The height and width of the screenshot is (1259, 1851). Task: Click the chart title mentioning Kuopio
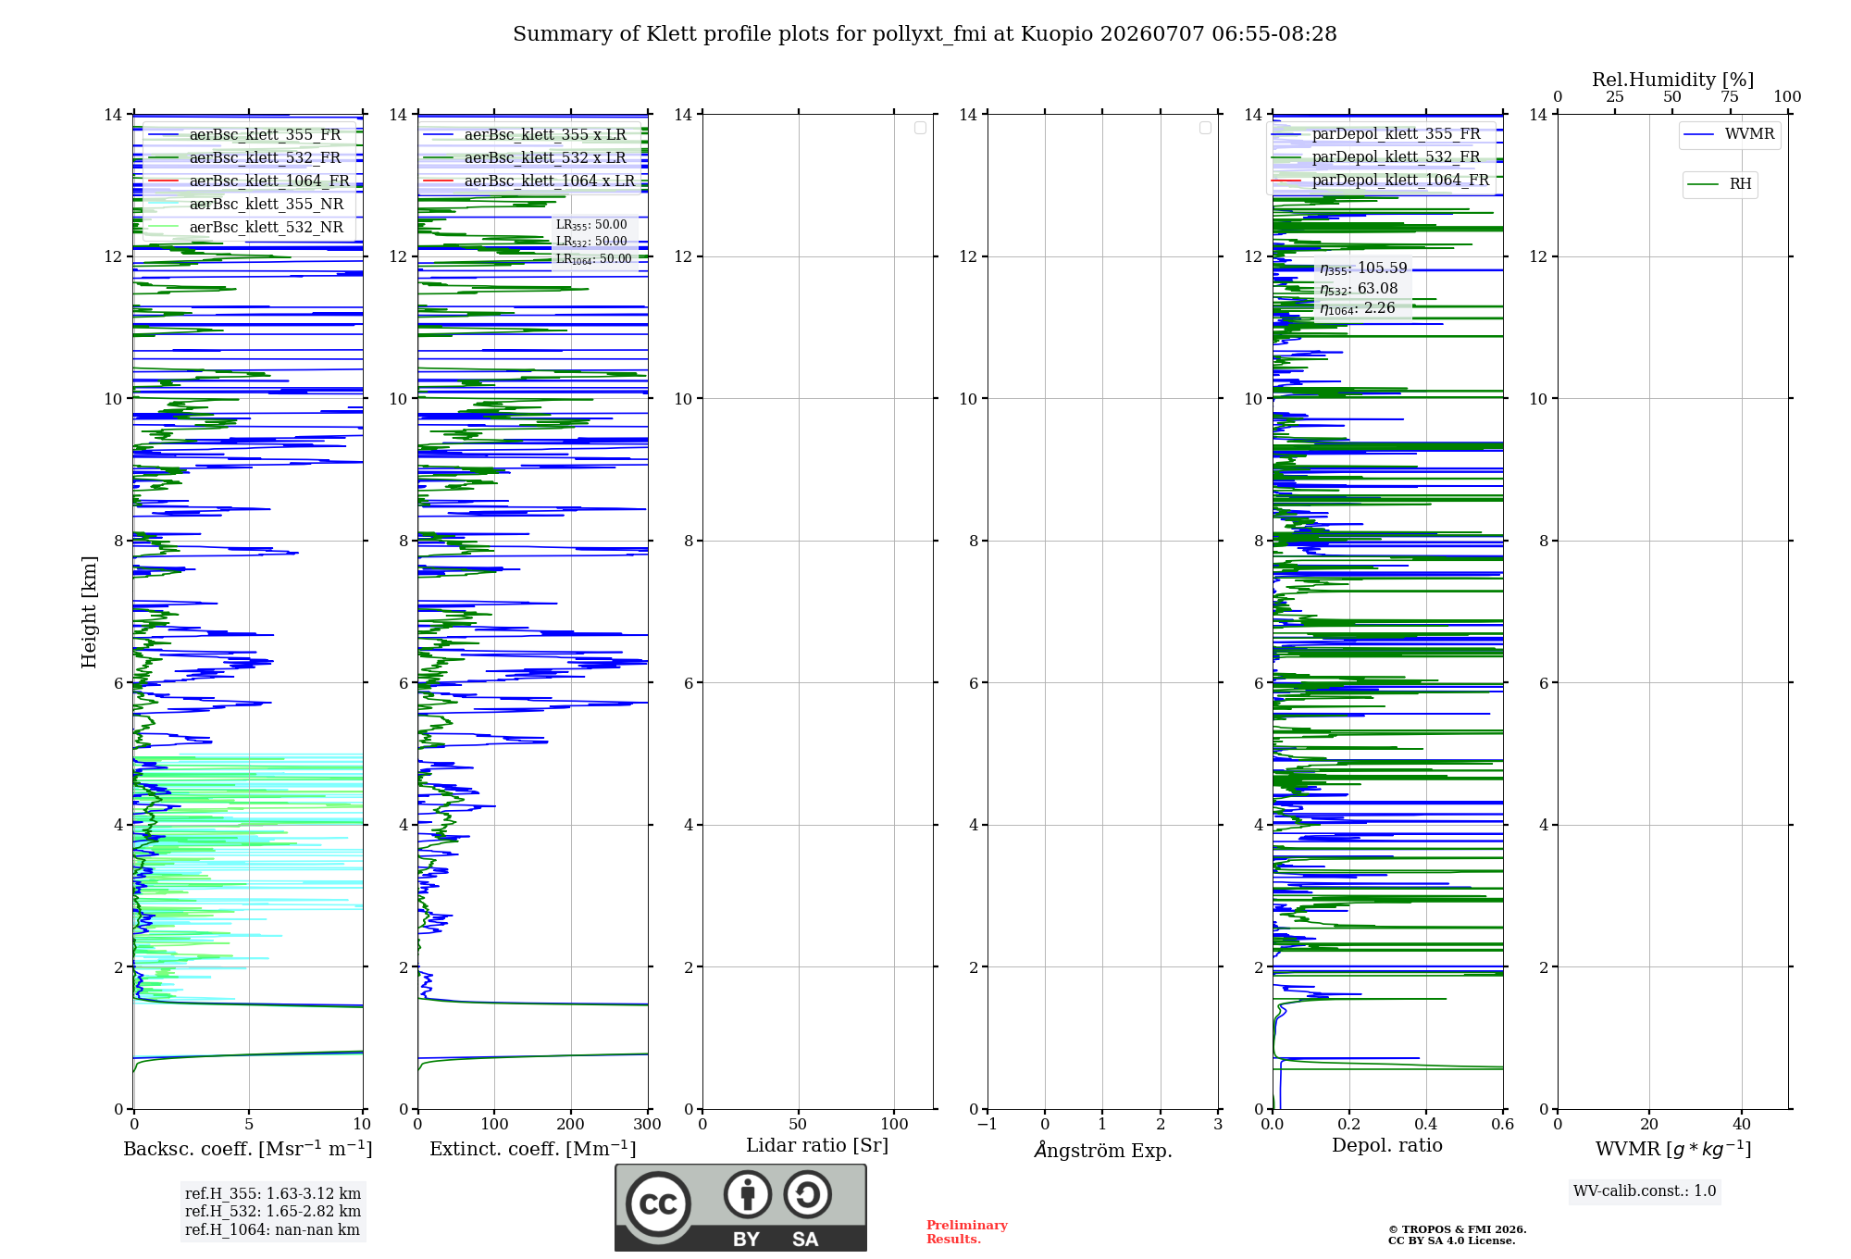click(925, 34)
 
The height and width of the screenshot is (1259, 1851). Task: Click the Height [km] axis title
click(89, 612)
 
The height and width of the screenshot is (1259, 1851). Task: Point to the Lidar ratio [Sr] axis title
click(817, 1145)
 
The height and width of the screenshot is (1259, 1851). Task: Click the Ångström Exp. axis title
click(1103, 1150)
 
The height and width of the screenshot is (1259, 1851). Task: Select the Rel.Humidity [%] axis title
click(1672, 80)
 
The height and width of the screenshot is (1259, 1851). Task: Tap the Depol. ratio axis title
click(1387, 1145)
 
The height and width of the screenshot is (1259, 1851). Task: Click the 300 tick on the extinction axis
click(648, 1124)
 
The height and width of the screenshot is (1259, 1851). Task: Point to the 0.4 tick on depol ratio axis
click(1426, 1124)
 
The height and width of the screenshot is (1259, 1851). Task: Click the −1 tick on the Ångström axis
click(988, 1124)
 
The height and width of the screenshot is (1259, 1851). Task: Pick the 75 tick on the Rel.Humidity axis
click(1729, 96)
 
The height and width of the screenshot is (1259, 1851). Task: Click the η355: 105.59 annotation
click(1363, 268)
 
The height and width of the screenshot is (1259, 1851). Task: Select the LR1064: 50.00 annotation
click(593, 259)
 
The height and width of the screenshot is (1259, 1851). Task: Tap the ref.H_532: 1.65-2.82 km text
click(273, 1211)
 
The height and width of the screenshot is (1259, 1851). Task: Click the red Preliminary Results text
click(967, 1231)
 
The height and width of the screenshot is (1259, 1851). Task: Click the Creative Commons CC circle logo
click(658, 1204)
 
